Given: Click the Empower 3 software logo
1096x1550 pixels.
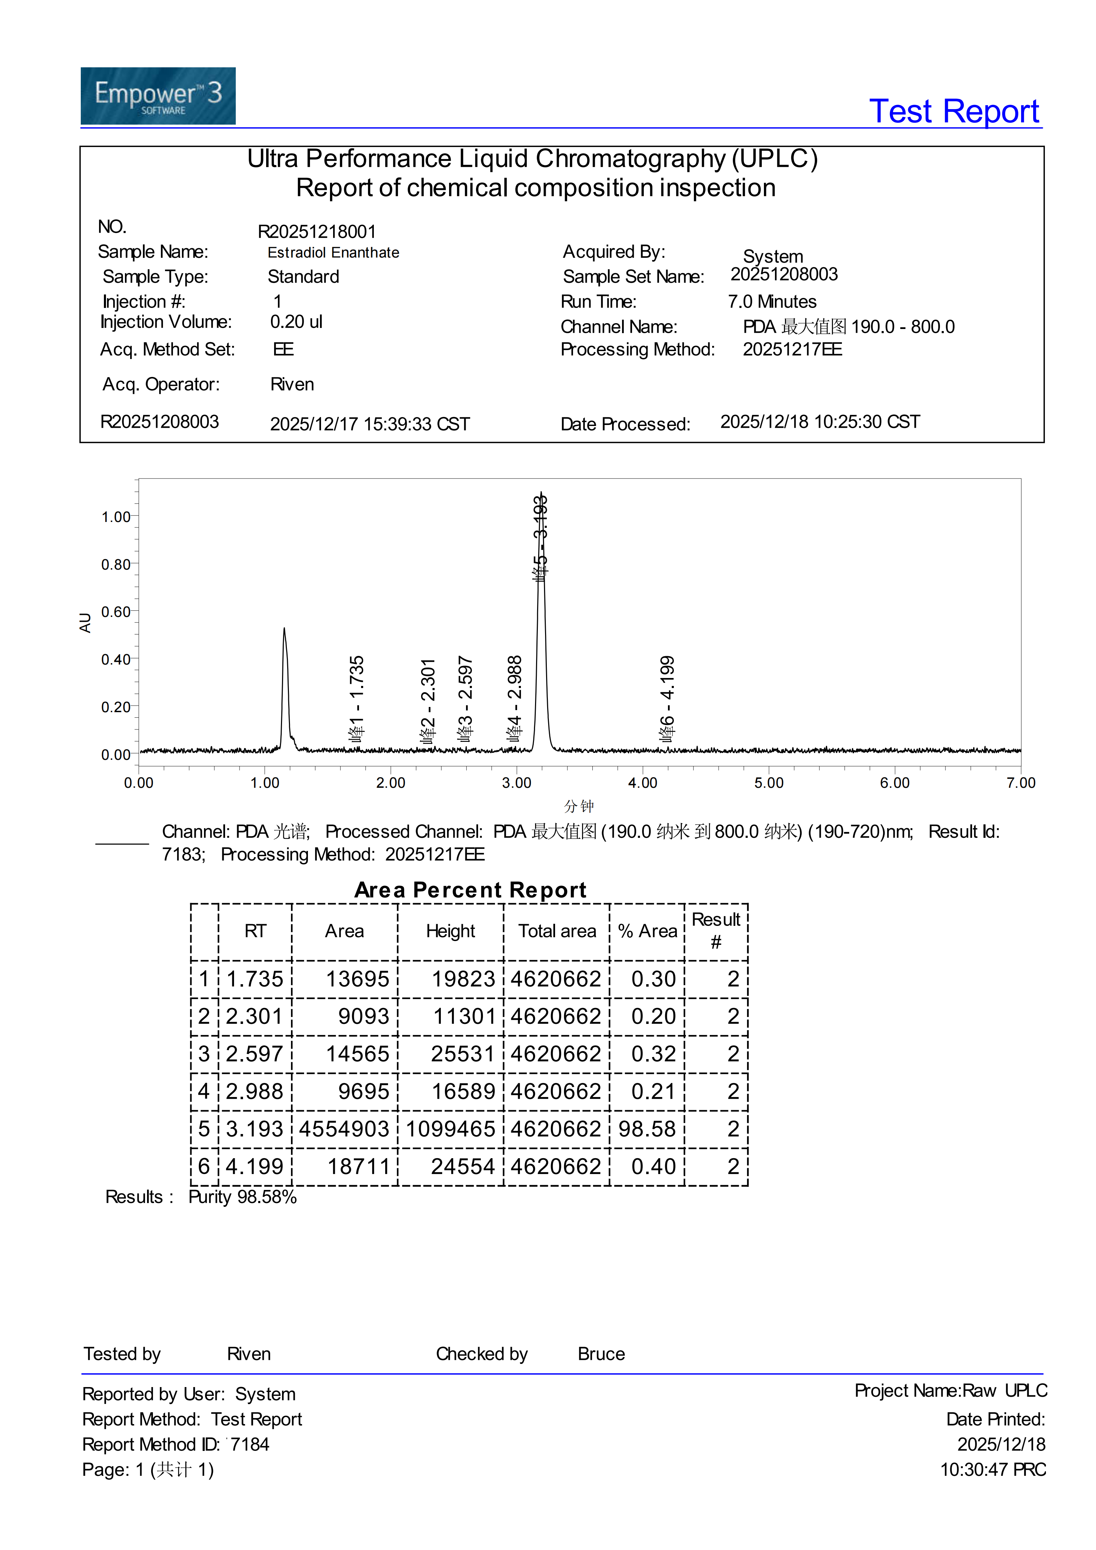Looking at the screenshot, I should pyautogui.click(x=158, y=96).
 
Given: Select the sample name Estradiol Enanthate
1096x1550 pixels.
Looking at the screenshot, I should pyautogui.click(x=333, y=252).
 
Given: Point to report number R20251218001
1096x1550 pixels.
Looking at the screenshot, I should pyautogui.click(x=317, y=232).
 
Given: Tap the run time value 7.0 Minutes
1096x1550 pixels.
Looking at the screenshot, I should pyautogui.click(x=772, y=302).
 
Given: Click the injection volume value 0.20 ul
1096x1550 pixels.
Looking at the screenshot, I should pyautogui.click(x=296, y=322).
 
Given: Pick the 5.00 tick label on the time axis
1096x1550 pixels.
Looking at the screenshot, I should pyautogui.click(x=769, y=783).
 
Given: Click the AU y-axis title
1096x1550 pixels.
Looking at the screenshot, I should pyautogui.click(x=85, y=622).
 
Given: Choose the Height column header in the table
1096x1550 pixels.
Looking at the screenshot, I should pyautogui.click(x=450, y=932).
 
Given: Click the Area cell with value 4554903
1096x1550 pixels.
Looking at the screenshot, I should pyautogui.click(x=344, y=1129).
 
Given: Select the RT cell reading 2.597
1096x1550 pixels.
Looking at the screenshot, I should pyautogui.click(x=254, y=1054).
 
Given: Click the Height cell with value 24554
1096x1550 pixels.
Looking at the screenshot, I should pyautogui.click(x=463, y=1166).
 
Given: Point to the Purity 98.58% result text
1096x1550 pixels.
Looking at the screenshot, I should pyautogui.click(x=242, y=1197).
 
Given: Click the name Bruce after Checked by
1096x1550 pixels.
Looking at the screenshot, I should pyautogui.click(x=601, y=1354).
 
